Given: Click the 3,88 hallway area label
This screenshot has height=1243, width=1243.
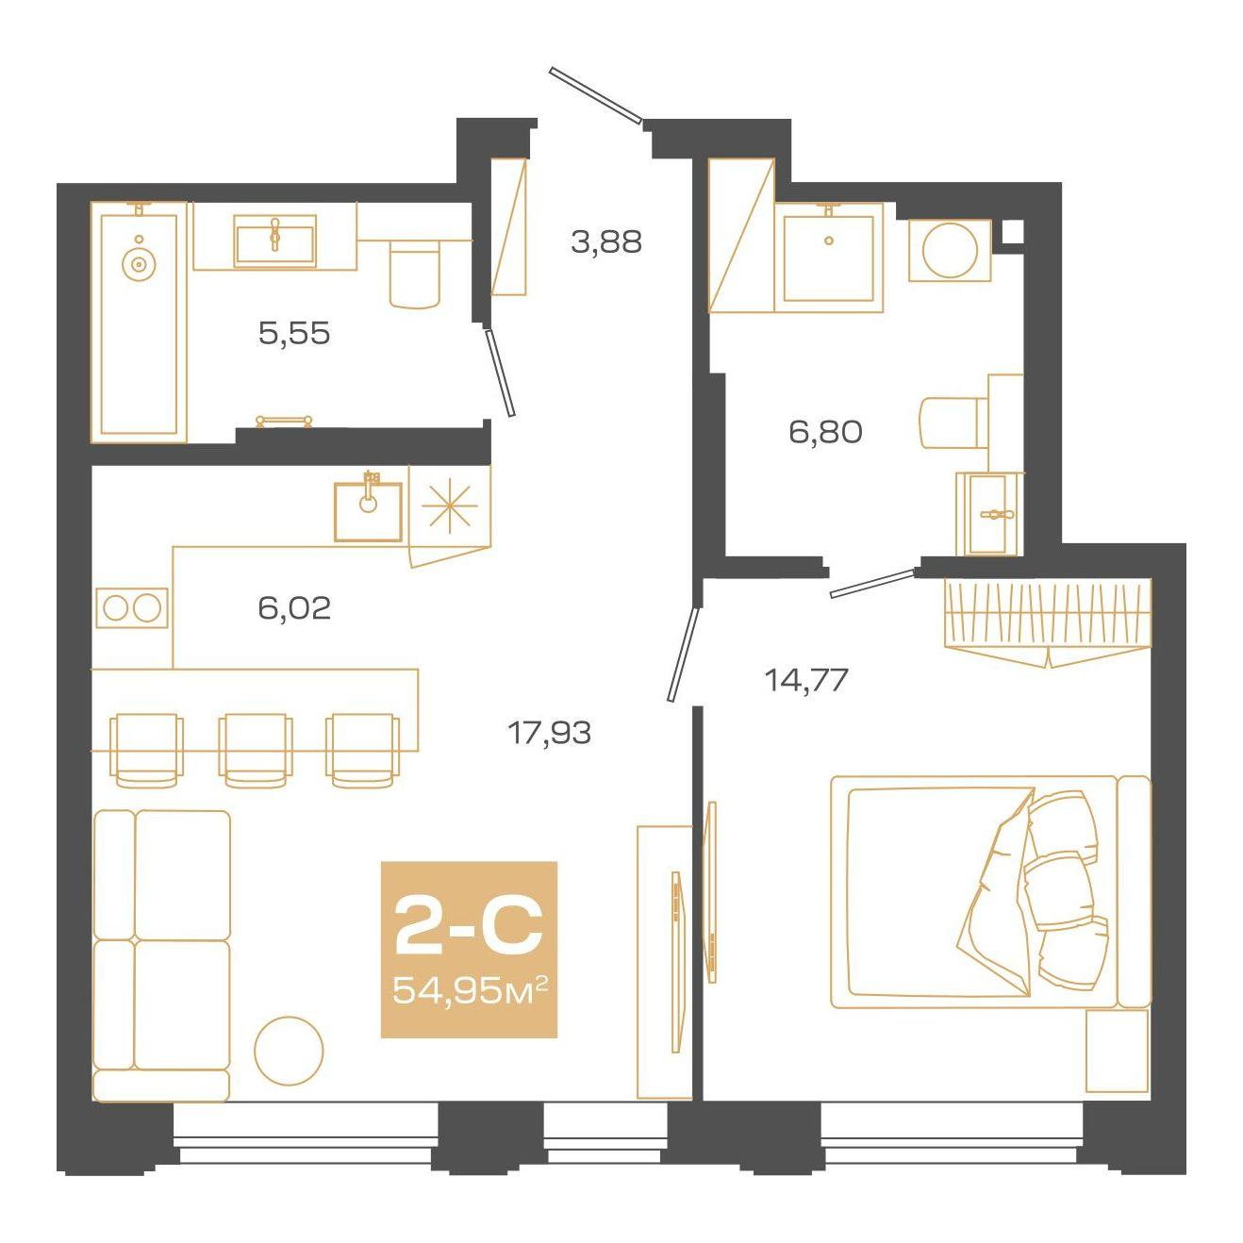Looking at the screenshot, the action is point(606,241).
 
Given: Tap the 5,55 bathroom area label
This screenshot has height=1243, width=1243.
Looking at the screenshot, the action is point(294,333).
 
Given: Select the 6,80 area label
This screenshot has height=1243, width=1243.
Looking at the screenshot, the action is point(825,431).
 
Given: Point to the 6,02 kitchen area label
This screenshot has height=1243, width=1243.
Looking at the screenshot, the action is point(294,607).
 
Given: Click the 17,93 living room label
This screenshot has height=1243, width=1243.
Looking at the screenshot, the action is point(550,733).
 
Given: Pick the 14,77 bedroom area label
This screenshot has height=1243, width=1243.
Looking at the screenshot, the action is point(805,679).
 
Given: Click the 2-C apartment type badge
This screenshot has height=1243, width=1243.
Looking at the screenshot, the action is point(469,926).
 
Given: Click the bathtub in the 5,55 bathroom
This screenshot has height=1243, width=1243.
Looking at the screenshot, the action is point(139,323).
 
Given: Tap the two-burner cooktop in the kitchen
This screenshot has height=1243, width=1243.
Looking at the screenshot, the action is point(132,607).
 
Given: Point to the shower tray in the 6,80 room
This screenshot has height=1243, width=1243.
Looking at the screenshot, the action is point(829,258).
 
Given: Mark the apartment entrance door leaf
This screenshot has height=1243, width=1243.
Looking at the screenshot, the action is point(595,95).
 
